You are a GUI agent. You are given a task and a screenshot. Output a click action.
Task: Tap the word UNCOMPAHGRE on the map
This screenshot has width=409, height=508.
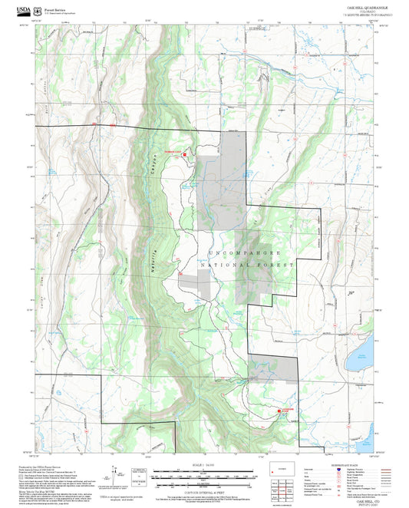tap(245, 252)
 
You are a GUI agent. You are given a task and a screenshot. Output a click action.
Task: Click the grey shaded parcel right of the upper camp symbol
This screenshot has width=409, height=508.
tap(223, 176)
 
